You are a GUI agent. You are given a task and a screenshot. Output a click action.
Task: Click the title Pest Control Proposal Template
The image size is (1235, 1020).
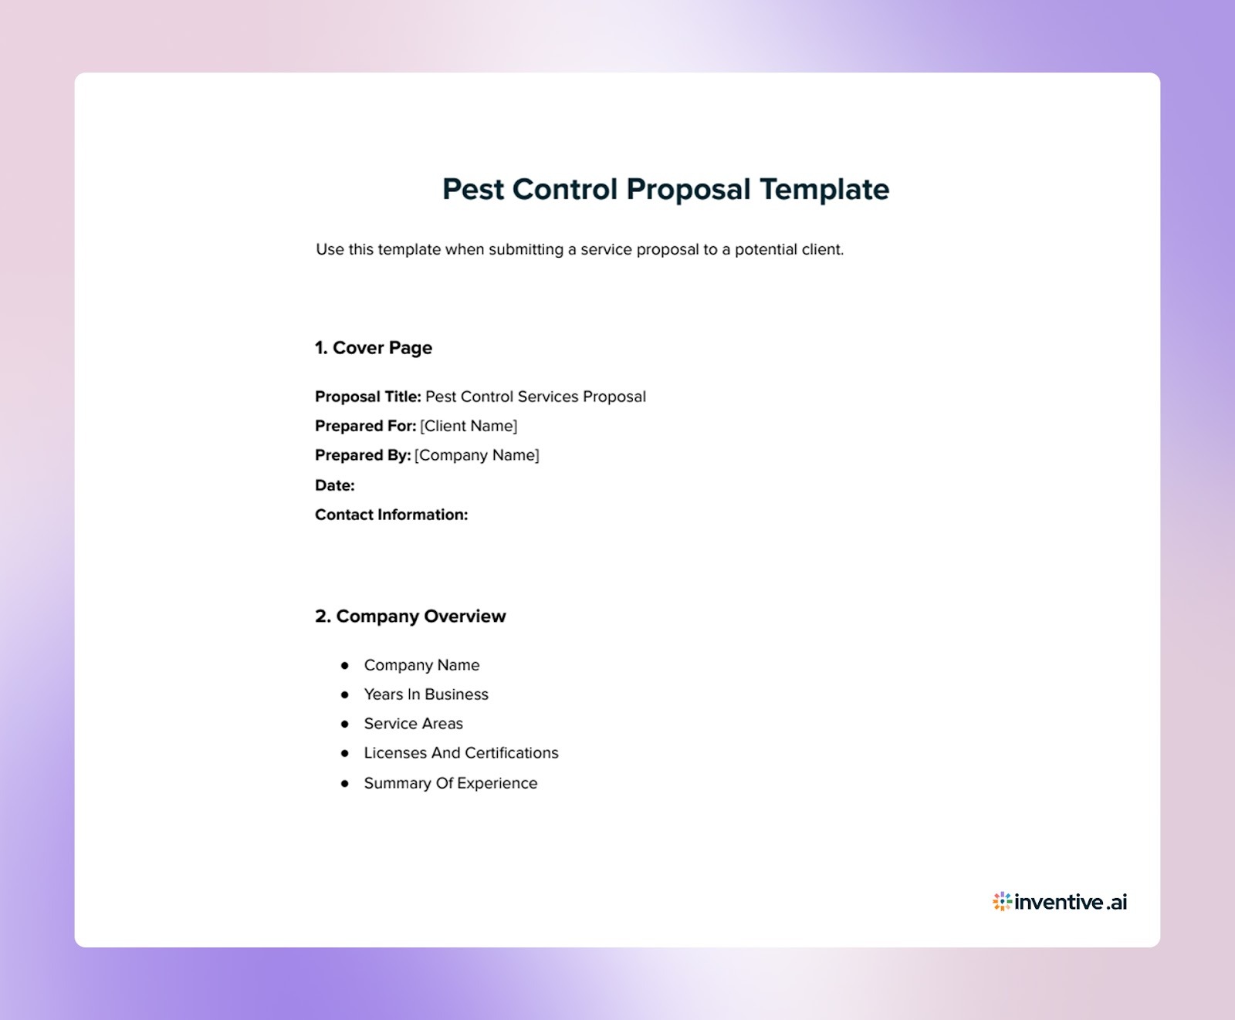(x=665, y=190)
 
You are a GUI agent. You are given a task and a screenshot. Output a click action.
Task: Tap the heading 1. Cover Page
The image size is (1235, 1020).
(x=374, y=348)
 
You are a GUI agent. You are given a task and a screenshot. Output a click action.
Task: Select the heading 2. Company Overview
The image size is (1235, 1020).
(x=410, y=616)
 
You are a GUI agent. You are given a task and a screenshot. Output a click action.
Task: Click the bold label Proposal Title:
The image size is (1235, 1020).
(x=367, y=397)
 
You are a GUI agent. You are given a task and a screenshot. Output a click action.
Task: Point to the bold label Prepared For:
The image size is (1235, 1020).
(x=365, y=426)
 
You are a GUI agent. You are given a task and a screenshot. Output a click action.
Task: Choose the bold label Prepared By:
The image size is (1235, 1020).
(x=363, y=455)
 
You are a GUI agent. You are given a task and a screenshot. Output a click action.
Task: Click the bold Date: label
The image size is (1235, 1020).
(x=335, y=485)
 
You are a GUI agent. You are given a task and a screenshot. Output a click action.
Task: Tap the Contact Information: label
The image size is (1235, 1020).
(x=391, y=515)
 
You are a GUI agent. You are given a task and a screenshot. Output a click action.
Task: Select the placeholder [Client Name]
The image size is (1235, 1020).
(x=469, y=426)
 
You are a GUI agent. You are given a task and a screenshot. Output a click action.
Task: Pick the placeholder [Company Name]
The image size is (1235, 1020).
(x=477, y=455)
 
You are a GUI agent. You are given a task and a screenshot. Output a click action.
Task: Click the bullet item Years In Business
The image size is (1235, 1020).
(x=426, y=694)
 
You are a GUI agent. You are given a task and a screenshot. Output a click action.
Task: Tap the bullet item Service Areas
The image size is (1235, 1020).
(x=414, y=724)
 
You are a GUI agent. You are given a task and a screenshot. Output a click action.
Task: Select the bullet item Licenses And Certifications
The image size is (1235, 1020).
(x=461, y=753)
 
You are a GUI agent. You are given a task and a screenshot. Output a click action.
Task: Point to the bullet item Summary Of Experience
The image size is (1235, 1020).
(x=451, y=783)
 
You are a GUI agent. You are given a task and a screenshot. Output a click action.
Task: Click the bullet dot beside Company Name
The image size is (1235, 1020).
(x=345, y=665)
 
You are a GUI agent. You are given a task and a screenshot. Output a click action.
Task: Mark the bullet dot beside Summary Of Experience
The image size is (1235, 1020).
(x=345, y=783)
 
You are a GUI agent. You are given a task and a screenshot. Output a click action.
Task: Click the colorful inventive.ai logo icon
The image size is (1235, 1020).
(x=1002, y=901)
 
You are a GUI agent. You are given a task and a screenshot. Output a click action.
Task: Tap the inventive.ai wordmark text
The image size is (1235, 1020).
(x=1071, y=902)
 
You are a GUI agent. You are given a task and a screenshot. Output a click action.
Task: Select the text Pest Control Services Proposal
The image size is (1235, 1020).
(x=536, y=397)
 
